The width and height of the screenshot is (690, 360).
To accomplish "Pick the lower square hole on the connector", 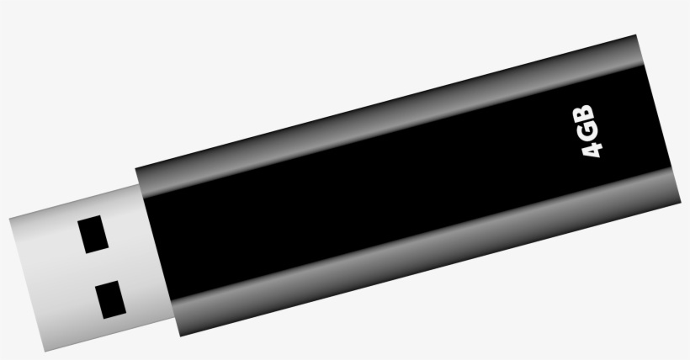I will (109, 298).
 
